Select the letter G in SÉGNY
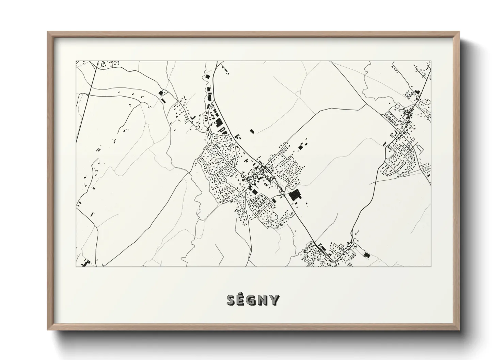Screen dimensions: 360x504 point(253,300)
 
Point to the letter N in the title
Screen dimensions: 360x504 point(264,300)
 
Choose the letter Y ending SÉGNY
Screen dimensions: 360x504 point(274,300)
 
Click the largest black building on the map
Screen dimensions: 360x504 point(295,195)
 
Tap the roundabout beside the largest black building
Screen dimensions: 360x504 point(283,193)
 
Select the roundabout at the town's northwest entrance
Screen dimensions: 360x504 point(210,132)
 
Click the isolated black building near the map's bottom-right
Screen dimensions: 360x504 point(366,255)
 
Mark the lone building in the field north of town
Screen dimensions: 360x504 point(252,131)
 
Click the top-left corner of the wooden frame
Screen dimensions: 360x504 point(48,32)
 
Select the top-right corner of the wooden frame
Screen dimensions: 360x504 point(459,32)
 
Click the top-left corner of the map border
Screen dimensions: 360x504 point(76,61)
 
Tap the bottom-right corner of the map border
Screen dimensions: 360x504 point(431,266)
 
